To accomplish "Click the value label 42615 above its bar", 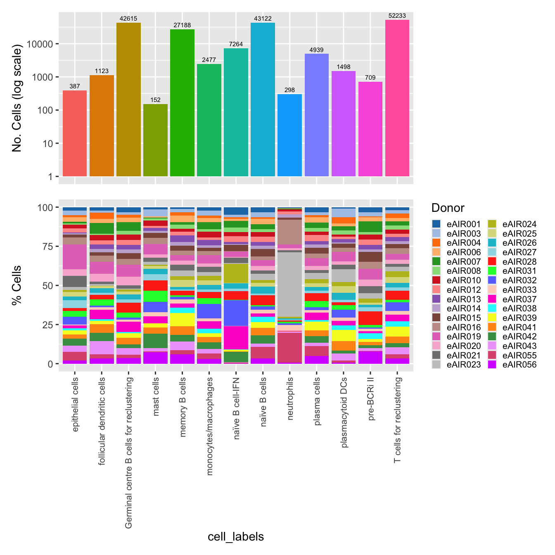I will click(x=128, y=19).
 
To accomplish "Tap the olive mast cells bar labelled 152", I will click(x=155, y=140).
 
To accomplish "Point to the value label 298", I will click(x=289, y=90).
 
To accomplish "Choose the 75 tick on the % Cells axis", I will click(x=47, y=247).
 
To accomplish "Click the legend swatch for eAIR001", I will click(x=436, y=224).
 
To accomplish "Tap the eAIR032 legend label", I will click(x=519, y=280).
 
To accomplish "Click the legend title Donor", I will click(x=448, y=208).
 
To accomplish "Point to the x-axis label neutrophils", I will click(x=290, y=398).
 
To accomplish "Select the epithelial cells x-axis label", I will click(x=75, y=404).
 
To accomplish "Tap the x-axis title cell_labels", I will click(x=236, y=536).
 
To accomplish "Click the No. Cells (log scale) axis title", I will click(x=17, y=99).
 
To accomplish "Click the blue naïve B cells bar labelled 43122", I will click(x=263, y=100).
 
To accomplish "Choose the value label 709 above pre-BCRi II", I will click(x=370, y=78).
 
